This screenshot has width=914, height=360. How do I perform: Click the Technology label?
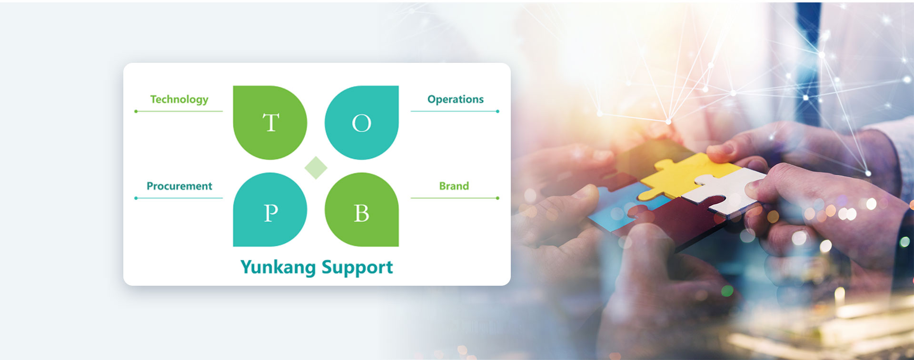[x=179, y=100]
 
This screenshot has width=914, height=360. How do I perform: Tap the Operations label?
[x=456, y=100]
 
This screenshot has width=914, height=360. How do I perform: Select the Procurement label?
[x=179, y=186]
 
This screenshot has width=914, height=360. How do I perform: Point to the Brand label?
[x=454, y=186]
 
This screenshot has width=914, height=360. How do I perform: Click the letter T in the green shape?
[x=271, y=123]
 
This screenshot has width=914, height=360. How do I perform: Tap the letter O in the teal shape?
[x=361, y=124]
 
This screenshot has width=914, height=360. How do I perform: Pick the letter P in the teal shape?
[x=271, y=213]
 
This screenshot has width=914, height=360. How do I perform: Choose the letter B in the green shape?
[x=361, y=213]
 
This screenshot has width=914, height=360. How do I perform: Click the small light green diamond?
[x=316, y=168]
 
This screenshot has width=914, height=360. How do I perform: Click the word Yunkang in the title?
[x=278, y=268]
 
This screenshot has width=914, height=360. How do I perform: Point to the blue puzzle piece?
[x=619, y=210]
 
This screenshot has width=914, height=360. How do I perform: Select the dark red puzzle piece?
[x=676, y=221]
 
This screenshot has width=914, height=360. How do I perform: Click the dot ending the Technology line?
[x=136, y=111]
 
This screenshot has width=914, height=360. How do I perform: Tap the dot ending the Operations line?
[x=497, y=111]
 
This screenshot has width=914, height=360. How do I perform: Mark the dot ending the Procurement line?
[x=136, y=198]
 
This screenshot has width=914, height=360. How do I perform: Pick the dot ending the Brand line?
[x=497, y=198]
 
